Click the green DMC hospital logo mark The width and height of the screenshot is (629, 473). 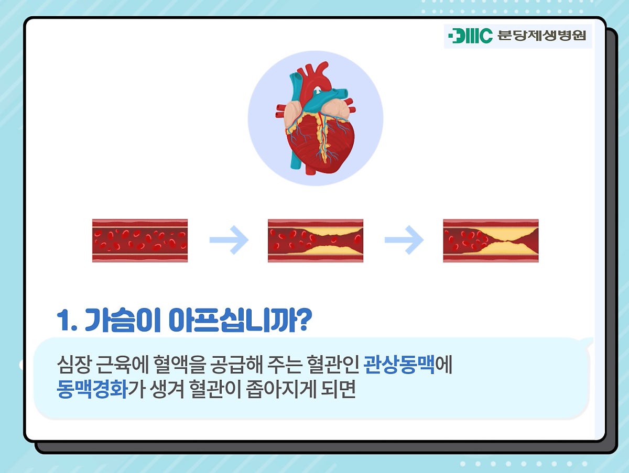pyautogui.click(x=470, y=36)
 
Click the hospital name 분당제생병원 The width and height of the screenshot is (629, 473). pyautogui.click(x=541, y=36)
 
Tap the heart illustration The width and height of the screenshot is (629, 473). pyautogui.click(x=316, y=118)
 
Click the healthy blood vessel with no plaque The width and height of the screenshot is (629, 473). pyautogui.click(x=140, y=240)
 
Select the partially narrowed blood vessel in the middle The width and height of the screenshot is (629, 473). pyautogui.click(x=316, y=240)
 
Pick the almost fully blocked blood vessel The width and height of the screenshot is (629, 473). pyautogui.click(x=491, y=240)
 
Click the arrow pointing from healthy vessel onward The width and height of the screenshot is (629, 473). pyautogui.click(x=229, y=240)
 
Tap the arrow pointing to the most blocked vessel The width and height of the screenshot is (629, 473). pyautogui.click(x=404, y=240)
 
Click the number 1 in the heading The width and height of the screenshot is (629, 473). pyautogui.click(x=63, y=321)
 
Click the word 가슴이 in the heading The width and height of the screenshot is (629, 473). pyautogui.click(x=122, y=320)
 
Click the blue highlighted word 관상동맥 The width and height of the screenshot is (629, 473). pyautogui.click(x=399, y=365)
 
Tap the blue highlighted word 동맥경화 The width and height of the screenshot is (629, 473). pyautogui.click(x=92, y=389)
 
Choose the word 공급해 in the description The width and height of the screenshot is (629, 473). pyautogui.click(x=236, y=365)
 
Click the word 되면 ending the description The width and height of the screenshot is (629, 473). pyautogui.click(x=338, y=389)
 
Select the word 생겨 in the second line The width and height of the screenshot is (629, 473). pyautogui.click(x=167, y=389)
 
